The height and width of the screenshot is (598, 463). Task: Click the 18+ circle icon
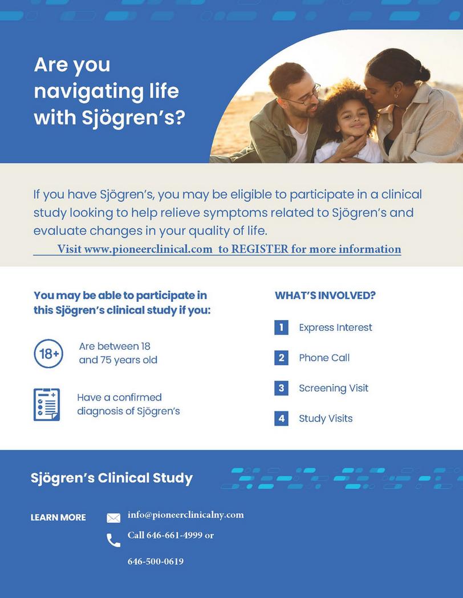[x=48, y=354]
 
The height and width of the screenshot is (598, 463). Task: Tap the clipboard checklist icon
[x=47, y=405]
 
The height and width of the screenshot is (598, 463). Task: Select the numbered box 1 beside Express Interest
[x=281, y=327]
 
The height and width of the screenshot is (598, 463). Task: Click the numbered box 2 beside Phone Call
[x=281, y=358]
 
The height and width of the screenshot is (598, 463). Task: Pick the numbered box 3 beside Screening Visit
[x=281, y=388]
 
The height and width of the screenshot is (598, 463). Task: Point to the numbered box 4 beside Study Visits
[x=281, y=418]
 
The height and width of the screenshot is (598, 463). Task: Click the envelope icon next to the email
[x=113, y=518]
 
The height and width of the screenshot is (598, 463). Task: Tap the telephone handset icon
[x=113, y=540]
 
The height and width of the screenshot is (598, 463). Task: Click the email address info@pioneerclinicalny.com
[x=185, y=515]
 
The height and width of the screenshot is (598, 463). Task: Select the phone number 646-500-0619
[x=156, y=561]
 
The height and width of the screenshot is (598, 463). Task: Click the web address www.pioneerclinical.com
[x=148, y=249]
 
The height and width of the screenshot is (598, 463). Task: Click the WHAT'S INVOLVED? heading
[x=325, y=295]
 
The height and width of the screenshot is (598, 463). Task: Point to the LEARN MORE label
[x=58, y=518]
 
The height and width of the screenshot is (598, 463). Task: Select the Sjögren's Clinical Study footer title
[x=112, y=478]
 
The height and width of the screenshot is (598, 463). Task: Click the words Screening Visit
[x=334, y=388]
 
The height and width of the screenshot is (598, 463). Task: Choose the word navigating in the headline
[x=106, y=91]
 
